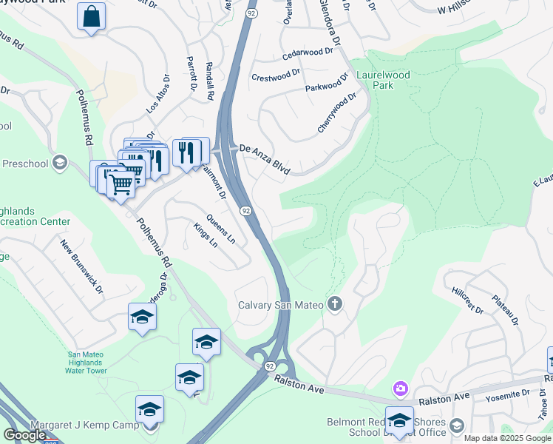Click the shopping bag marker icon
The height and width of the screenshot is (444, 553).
click(91, 17)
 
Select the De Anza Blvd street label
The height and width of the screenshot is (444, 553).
click(263, 159)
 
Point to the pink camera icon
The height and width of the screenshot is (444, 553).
click(401, 388)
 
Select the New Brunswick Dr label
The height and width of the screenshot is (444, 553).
click(82, 268)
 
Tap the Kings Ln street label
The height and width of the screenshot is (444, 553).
click(206, 235)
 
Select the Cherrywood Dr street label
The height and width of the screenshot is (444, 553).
click(336, 112)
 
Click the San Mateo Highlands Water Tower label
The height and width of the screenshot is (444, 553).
click(77, 363)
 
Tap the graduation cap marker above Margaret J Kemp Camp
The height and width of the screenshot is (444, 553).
click(149, 408)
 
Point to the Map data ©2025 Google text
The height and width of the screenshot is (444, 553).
click(506, 438)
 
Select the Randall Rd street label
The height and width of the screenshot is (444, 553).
click(210, 81)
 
